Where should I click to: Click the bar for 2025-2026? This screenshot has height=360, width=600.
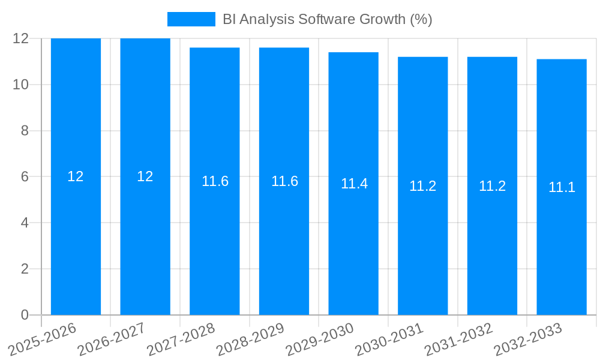pyautogui.click(x=76, y=240)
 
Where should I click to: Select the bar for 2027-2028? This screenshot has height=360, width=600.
pyautogui.click(x=215, y=252)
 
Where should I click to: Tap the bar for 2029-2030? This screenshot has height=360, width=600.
pyautogui.click(x=353, y=252)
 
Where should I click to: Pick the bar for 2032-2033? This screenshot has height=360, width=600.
pyautogui.click(x=562, y=252)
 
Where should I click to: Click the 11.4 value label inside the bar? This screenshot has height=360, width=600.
pyautogui.click(x=354, y=184)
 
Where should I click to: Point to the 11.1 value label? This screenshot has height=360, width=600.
pyautogui.click(x=562, y=187)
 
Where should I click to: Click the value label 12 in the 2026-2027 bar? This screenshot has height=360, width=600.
pyautogui.click(x=145, y=176)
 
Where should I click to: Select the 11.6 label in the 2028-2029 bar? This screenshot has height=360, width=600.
pyautogui.click(x=284, y=181)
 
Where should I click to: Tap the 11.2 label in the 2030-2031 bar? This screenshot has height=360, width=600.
pyautogui.click(x=422, y=186)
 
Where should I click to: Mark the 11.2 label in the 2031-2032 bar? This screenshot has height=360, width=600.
pyautogui.click(x=492, y=186)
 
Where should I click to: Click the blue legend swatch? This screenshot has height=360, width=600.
pyautogui.click(x=191, y=19)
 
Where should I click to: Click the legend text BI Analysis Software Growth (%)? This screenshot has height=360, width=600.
pyautogui.click(x=327, y=19)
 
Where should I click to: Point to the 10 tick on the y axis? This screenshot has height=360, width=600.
pyautogui.click(x=21, y=85)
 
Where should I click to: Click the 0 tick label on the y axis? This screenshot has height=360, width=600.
pyautogui.click(x=25, y=315)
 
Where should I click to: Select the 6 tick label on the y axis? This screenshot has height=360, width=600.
pyautogui.click(x=25, y=177)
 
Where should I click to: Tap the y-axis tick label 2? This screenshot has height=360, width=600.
pyautogui.click(x=25, y=269)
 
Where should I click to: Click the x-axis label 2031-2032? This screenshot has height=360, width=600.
pyautogui.click(x=458, y=340)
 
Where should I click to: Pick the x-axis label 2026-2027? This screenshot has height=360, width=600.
pyautogui.click(x=112, y=340)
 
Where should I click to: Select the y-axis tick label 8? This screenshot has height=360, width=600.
pyautogui.click(x=25, y=131)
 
